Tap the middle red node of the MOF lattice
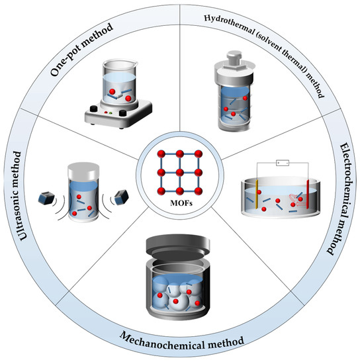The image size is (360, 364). point(180,177)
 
